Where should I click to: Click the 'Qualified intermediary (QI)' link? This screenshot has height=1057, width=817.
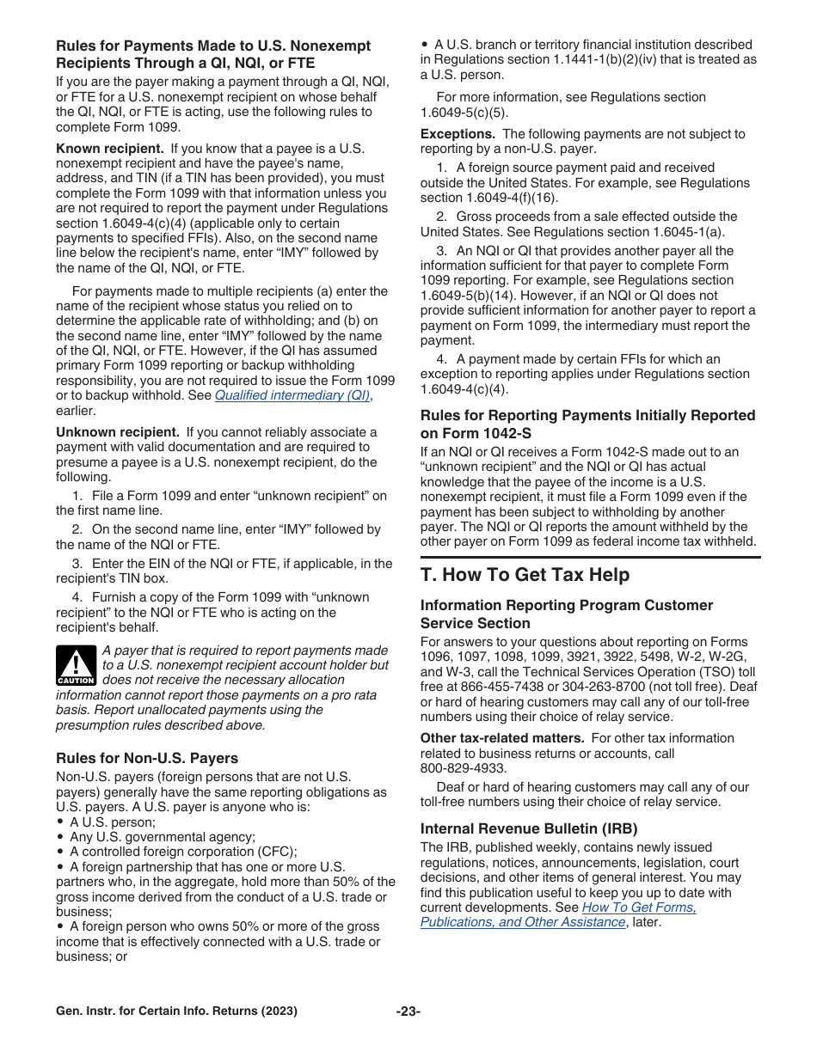(x=292, y=395)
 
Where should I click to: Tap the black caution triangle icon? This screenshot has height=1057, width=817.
(x=77, y=665)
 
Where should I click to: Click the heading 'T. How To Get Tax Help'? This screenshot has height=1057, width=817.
(x=525, y=575)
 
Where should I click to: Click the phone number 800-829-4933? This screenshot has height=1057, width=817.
(x=463, y=768)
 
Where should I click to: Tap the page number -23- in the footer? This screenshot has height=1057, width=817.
(x=408, y=1011)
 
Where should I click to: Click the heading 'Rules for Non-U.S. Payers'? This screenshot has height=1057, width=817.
(x=147, y=758)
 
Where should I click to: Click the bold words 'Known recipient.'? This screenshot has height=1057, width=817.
(x=109, y=149)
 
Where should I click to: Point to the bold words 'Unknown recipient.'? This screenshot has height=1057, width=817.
(x=118, y=432)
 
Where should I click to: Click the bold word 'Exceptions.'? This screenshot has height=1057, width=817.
(x=458, y=134)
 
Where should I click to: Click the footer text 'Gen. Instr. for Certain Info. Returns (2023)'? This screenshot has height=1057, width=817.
(x=176, y=1011)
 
